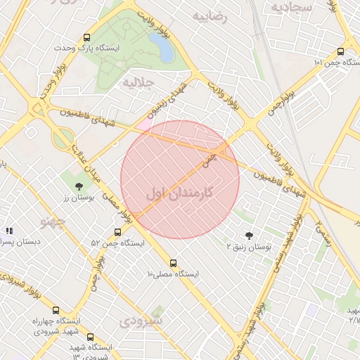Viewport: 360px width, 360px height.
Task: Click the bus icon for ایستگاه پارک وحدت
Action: coord(86,38)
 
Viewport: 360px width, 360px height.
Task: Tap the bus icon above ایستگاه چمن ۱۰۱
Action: coord(341,51)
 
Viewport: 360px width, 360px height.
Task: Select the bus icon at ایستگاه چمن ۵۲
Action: coord(117,232)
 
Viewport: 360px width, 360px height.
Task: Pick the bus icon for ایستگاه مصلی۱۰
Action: coord(174,263)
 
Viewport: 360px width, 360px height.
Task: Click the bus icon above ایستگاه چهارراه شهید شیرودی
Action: coord(56,309)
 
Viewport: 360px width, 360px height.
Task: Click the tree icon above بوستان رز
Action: coord(78,186)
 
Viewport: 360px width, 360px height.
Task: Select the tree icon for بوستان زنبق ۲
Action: coord(249,236)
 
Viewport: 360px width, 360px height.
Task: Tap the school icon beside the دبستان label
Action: coord(9,231)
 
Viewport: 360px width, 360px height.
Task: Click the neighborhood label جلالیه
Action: coord(138,82)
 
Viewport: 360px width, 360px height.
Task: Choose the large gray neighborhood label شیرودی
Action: coord(141,321)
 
